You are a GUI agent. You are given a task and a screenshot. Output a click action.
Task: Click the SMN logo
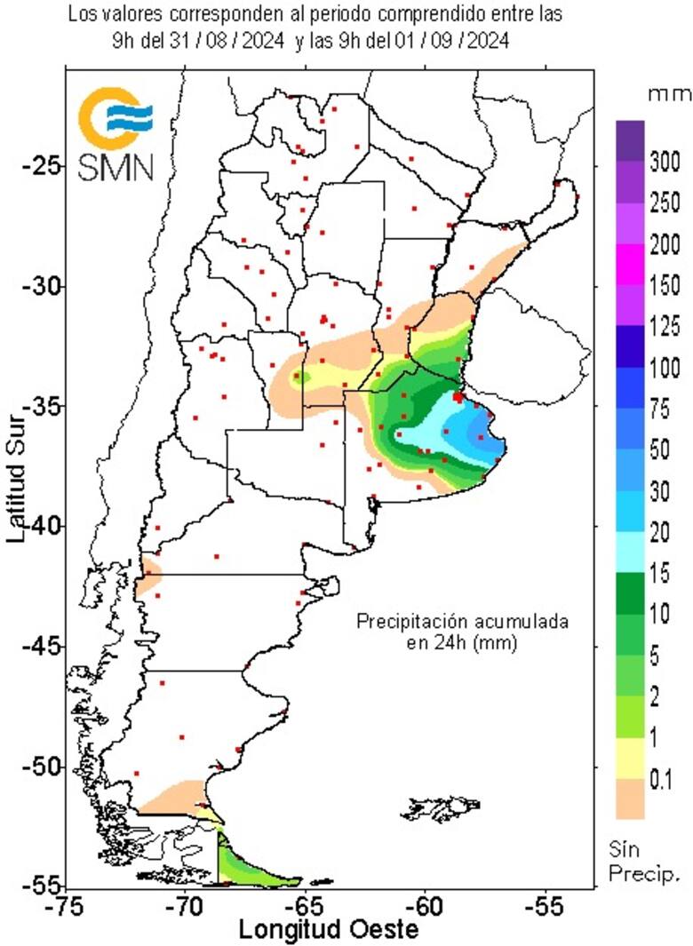click(x=115, y=133)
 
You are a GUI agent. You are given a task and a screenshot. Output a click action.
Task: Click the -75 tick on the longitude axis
click(x=65, y=907)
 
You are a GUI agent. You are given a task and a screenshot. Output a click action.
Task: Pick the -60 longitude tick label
click(x=423, y=907)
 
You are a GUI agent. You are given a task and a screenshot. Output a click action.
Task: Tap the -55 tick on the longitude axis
click(x=543, y=907)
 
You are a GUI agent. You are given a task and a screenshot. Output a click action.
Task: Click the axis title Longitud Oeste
click(x=315, y=930)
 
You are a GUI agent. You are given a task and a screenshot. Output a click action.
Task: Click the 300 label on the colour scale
click(x=665, y=162)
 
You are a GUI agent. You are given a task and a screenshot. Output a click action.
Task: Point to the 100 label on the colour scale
click(x=665, y=368)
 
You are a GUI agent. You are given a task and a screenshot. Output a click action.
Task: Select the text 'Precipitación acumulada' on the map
click(x=461, y=622)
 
